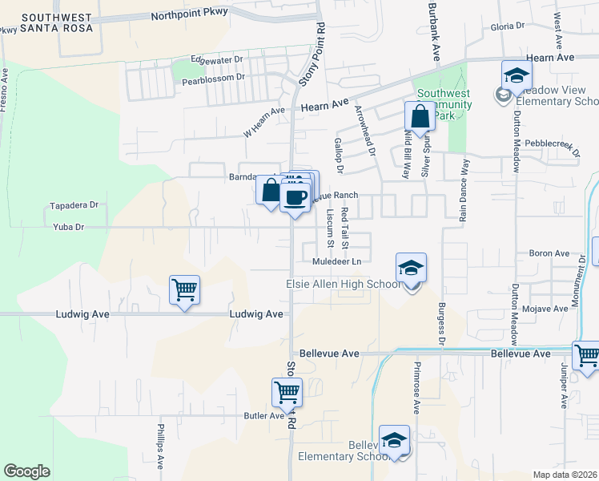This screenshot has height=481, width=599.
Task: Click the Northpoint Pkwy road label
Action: pyautogui.click(x=189, y=12)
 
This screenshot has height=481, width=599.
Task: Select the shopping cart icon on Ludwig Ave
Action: pyautogui.click(x=184, y=290)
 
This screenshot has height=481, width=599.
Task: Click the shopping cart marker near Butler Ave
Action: pyautogui.click(x=287, y=393)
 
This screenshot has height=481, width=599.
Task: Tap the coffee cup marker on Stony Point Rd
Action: pyautogui.click(x=295, y=197)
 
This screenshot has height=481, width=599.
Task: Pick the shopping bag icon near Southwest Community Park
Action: pyautogui.click(x=420, y=117)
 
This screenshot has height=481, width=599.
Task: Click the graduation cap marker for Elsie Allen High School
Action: pyautogui.click(x=411, y=269)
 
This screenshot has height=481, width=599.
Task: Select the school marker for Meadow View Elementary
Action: pyautogui.click(x=517, y=77)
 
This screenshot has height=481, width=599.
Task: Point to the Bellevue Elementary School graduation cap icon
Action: pyautogui.click(x=394, y=440)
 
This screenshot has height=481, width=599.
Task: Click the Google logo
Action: pyautogui.click(x=26, y=471)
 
